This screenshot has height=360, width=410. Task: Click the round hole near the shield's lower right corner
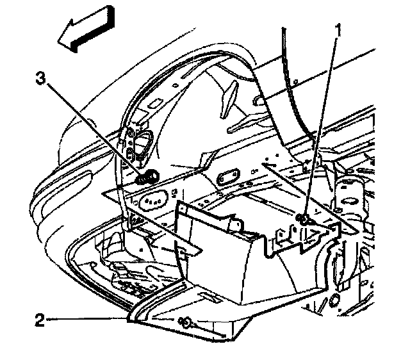tap(332, 300)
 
